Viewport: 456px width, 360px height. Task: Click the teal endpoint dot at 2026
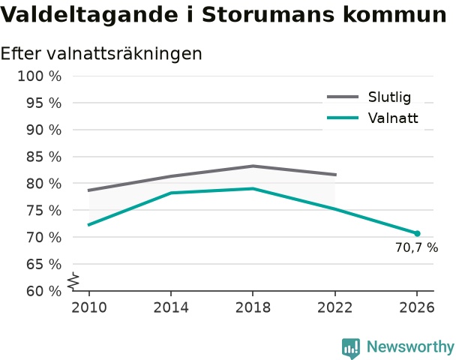click(417, 233)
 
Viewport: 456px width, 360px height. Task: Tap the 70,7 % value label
click(416, 247)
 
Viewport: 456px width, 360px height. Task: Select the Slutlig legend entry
click(369, 97)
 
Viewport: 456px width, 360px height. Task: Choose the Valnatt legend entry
click(373, 118)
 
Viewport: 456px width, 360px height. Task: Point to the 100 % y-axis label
click(40, 76)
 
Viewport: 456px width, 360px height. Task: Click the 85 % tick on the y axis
click(44, 157)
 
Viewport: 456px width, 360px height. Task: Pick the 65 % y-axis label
click(44, 265)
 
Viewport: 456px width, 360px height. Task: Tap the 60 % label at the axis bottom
click(44, 291)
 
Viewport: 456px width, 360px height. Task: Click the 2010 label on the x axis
click(89, 307)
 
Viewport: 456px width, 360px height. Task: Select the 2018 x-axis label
click(253, 307)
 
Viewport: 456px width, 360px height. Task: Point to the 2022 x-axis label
click(334, 307)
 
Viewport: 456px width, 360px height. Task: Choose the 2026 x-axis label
click(417, 307)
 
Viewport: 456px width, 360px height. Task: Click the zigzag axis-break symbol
click(73, 281)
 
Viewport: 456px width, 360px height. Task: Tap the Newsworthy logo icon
click(351, 348)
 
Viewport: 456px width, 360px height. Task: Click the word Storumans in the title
click(268, 14)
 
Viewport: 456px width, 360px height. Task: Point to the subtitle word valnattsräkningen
click(124, 54)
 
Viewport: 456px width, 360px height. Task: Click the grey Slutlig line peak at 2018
click(253, 166)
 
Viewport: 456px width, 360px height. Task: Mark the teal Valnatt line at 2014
click(171, 193)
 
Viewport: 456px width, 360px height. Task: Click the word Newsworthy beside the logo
click(410, 346)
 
